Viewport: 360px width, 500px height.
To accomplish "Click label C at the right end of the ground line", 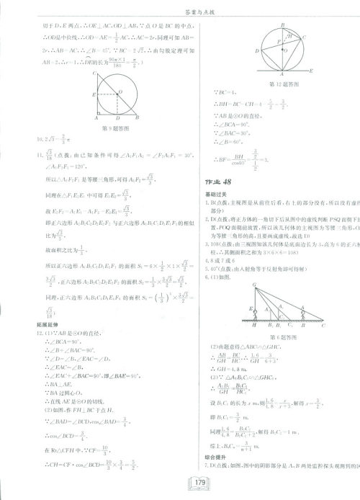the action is (x=322, y=326).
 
